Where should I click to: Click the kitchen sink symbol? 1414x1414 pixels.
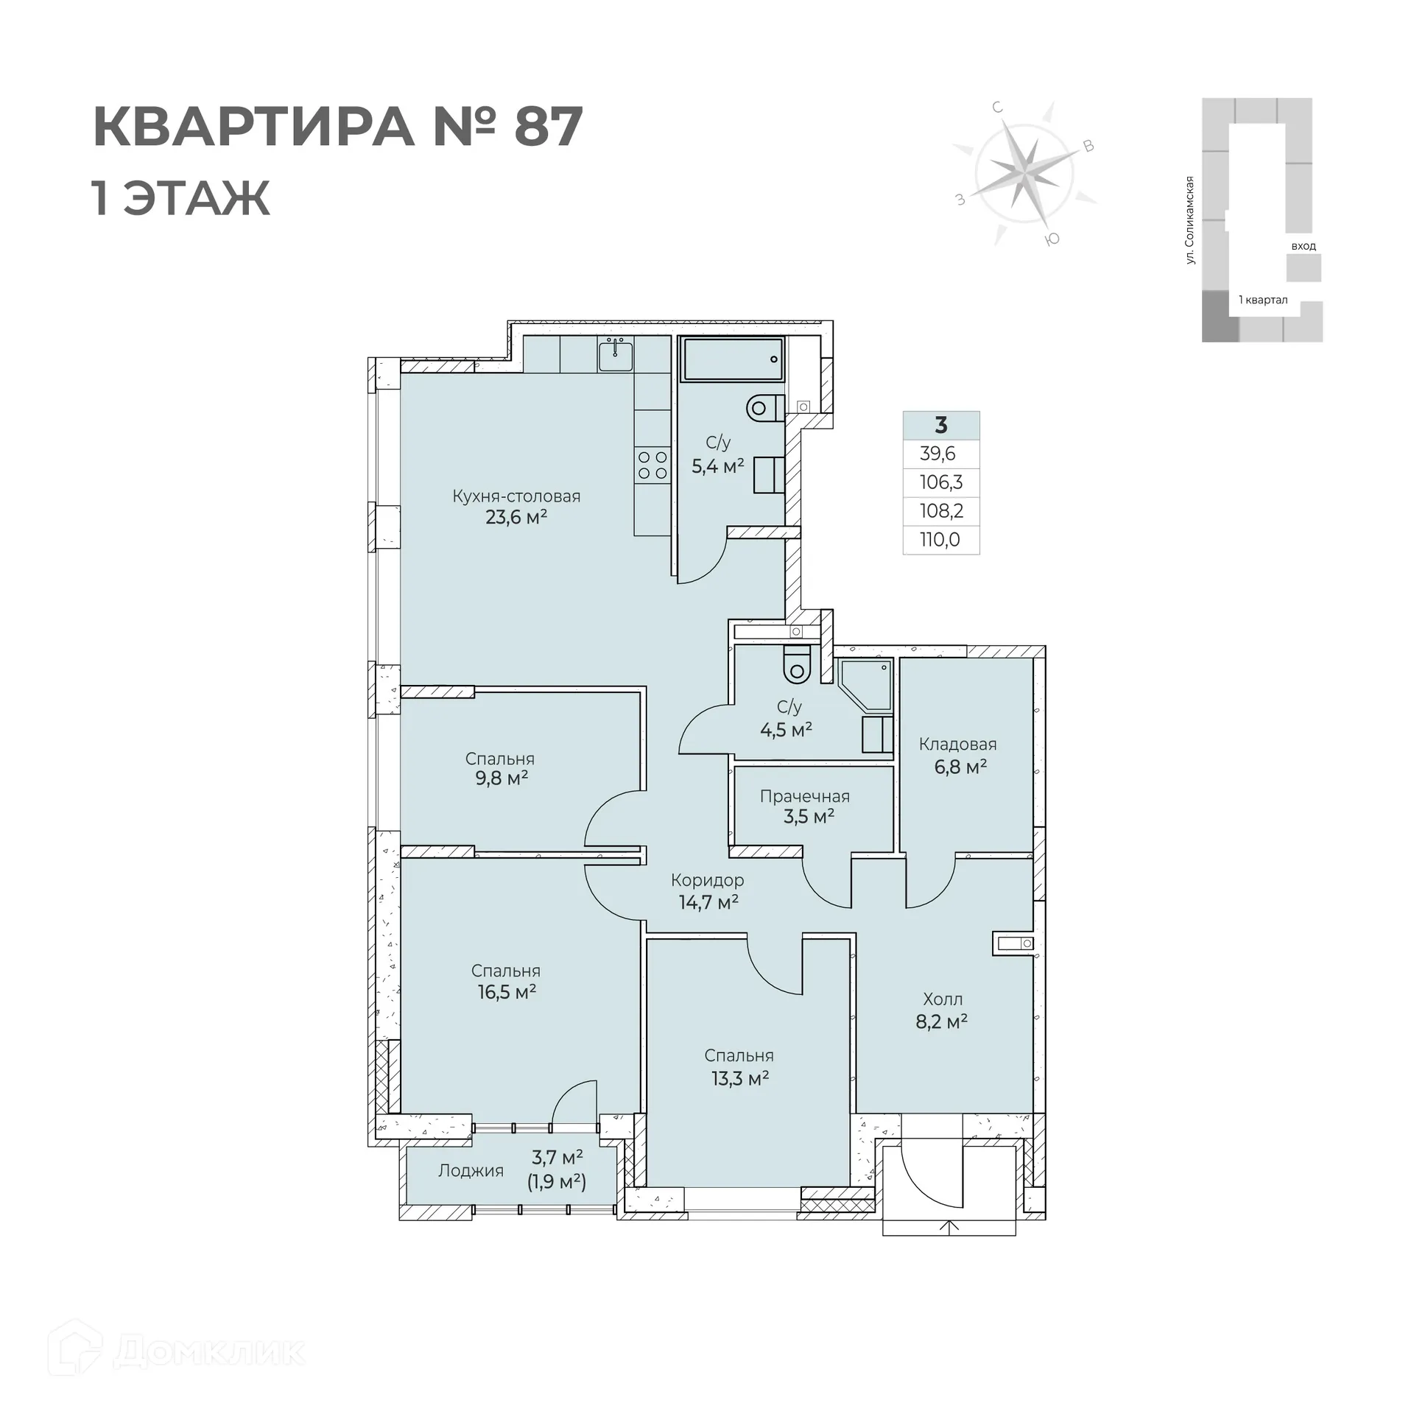(615, 356)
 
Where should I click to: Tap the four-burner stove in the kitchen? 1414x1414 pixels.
(653, 465)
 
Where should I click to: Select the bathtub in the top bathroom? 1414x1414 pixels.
(732, 359)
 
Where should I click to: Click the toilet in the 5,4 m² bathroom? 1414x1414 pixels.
(764, 407)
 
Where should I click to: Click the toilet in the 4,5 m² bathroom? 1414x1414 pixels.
(796, 663)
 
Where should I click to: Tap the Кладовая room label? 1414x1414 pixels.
(957, 745)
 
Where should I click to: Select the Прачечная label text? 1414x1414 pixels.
(804, 796)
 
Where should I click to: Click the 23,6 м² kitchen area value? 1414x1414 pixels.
(516, 517)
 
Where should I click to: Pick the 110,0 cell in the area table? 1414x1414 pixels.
(940, 540)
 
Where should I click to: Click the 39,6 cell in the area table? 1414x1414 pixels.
(938, 454)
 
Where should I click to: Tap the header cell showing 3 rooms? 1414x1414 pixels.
(940, 426)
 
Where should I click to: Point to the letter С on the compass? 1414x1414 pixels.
(998, 108)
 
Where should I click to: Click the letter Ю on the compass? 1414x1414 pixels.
(1053, 238)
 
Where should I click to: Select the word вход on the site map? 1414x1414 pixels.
(1303, 246)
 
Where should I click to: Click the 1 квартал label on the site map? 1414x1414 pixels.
(1262, 300)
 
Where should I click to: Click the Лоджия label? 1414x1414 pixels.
(471, 1171)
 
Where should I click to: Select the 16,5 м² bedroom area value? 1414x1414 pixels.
(506, 992)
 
